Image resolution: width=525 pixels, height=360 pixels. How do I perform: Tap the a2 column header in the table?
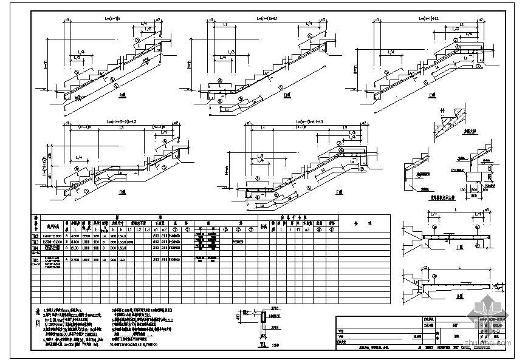click(165, 228)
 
